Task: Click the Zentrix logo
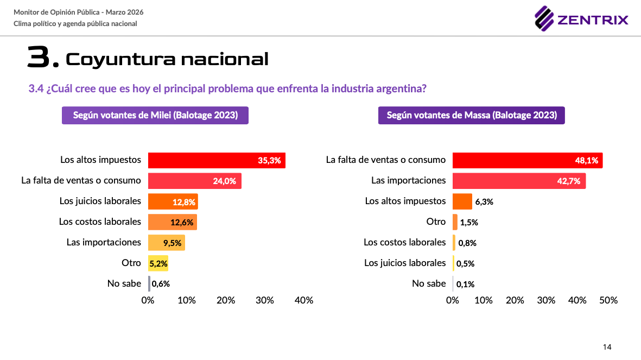pos(581,20)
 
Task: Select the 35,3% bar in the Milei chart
pos(216,160)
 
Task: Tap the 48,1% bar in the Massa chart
pos(527,160)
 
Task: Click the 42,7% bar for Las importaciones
pos(518,181)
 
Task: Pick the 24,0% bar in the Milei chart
pos(194,181)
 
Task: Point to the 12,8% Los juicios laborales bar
pos(173,201)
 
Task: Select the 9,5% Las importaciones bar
pos(166,243)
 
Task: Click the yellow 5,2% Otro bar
pos(158,263)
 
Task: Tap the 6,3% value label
pos(484,201)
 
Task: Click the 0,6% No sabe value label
pos(161,284)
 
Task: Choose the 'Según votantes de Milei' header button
pos(155,115)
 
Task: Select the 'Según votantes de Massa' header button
pos(471,115)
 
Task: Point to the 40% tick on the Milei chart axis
pos(303,300)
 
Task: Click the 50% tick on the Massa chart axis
pos(608,300)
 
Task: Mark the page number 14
pos(607,347)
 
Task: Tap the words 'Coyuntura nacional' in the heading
pos(167,59)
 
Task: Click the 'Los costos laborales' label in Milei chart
pos(100,222)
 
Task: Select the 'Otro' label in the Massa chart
pos(436,222)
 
